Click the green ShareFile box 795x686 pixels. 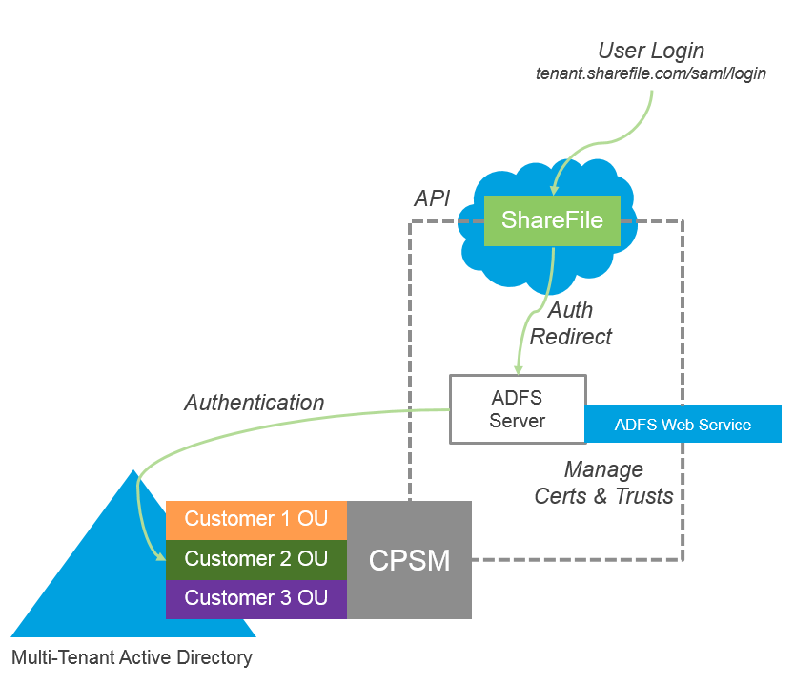tap(552, 220)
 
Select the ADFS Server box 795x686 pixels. tap(518, 409)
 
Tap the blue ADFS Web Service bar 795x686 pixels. tap(683, 425)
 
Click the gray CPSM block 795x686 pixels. tap(409, 560)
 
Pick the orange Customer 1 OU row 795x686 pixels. tap(255, 520)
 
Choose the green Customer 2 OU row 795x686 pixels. tap(255, 559)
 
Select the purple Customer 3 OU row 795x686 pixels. tap(255, 599)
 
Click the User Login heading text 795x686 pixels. tap(651, 51)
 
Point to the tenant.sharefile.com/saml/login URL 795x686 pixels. tap(651, 73)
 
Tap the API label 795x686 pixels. tap(432, 198)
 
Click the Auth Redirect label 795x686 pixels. tap(571, 323)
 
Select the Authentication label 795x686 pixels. tap(254, 403)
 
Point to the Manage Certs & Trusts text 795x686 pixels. tap(603, 483)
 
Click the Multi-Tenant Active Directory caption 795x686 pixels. tap(132, 657)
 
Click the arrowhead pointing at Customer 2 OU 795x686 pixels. tap(160, 557)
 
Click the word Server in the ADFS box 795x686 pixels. tap(518, 421)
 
